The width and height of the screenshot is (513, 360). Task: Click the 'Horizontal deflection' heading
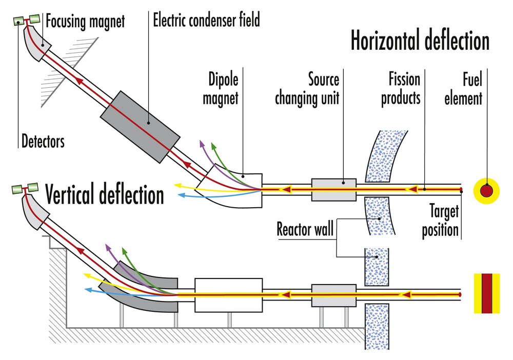[x=420, y=41]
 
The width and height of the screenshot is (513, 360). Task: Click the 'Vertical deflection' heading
[x=105, y=195]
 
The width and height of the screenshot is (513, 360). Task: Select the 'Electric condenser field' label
[x=206, y=21]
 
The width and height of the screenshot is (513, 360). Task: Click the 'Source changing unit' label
[x=307, y=89]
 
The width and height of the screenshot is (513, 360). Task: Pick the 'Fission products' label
[x=401, y=89]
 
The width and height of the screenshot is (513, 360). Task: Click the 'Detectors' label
[x=43, y=141]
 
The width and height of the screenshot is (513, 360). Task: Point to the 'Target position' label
[x=440, y=221]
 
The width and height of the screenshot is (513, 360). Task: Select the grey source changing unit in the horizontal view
[x=334, y=190]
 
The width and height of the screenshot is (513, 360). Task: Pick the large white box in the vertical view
[x=229, y=295]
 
